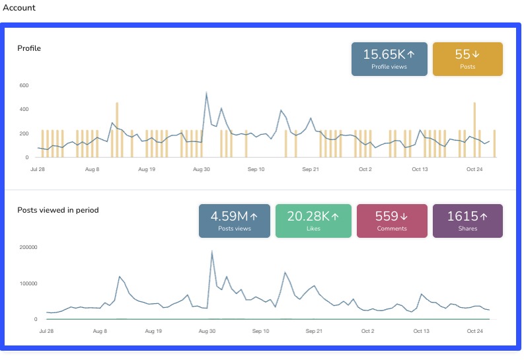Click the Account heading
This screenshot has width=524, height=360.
click(x=20, y=8)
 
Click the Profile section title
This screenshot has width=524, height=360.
click(x=29, y=48)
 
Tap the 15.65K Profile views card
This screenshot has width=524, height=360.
click(x=389, y=59)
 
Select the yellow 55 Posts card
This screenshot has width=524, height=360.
click(x=467, y=59)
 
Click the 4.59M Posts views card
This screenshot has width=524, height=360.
click(x=235, y=221)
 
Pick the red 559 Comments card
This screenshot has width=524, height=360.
click(x=392, y=221)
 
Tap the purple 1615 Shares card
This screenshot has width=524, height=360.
click(x=467, y=221)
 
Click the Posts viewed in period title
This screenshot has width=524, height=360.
click(x=58, y=210)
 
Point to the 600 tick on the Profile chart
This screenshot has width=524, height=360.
click(x=24, y=85)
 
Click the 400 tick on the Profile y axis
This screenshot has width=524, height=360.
click(x=24, y=110)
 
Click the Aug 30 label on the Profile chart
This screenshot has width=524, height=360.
click(x=202, y=169)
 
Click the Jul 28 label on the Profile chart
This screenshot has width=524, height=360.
click(x=38, y=169)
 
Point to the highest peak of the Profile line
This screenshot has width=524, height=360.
click(x=207, y=93)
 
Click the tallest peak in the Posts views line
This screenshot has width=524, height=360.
click(x=211, y=251)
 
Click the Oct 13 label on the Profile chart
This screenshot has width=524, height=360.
click(x=420, y=169)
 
